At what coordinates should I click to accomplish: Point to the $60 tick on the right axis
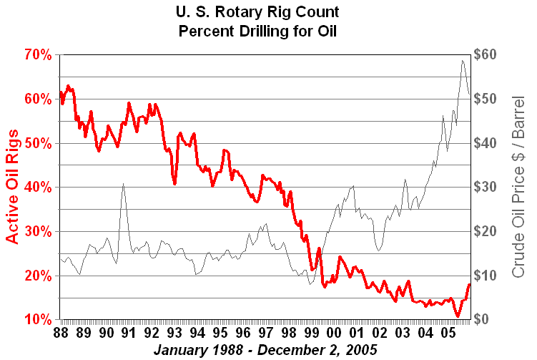click(x=488, y=54)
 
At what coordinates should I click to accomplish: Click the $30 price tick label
click(x=488, y=187)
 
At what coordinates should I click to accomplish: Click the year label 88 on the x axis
click(x=61, y=334)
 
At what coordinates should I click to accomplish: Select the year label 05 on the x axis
click(x=448, y=334)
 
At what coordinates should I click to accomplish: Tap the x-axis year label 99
click(x=311, y=334)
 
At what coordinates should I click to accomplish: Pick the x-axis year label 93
click(x=174, y=334)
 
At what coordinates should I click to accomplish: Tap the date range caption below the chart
click(x=266, y=351)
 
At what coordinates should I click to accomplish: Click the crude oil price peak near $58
click(x=463, y=61)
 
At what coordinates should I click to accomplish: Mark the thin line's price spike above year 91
click(x=123, y=184)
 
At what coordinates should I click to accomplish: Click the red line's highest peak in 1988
click(x=68, y=86)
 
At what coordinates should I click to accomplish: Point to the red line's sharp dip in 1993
click(x=174, y=184)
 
